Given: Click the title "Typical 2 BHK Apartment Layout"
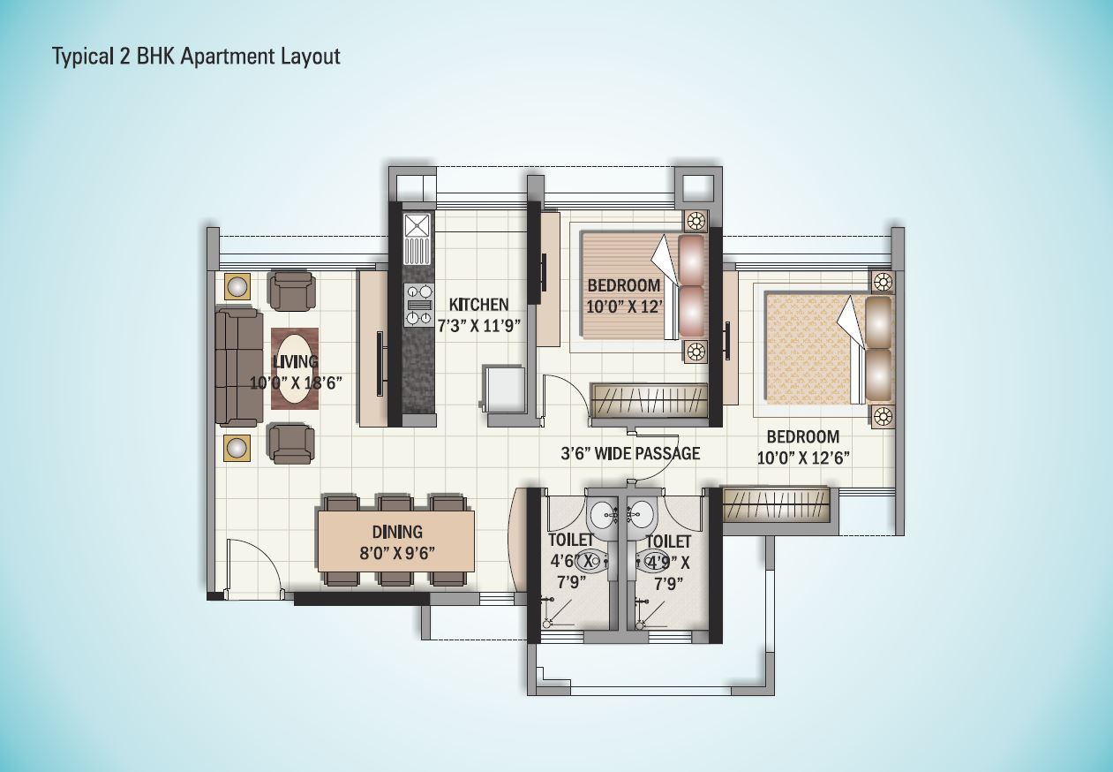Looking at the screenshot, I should pyautogui.click(x=196, y=57).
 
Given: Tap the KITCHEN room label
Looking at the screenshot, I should pyautogui.click(x=478, y=305).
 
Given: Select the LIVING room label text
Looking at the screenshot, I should pyautogui.click(x=295, y=362).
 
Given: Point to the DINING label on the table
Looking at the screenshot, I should pyautogui.click(x=396, y=533).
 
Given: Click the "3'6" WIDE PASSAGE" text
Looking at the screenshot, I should pyautogui.click(x=630, y=454).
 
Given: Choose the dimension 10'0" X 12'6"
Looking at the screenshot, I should pyautogui.click(x=802, y=458).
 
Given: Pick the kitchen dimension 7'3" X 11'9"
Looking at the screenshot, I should pyautogui.click(x=478, y=324).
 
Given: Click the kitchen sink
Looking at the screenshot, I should pyautogui.click(x=417, y=238).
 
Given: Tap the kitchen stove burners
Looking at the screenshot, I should pyautogui.click(x=419, y=306).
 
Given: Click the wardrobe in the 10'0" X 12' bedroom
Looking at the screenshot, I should pyautogui.click(x=650, y=401).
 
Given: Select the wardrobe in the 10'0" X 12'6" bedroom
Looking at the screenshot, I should pyautogui.click(x=777, y=506).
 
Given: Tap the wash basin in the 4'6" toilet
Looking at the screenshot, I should pyautogui.click(x=605, y=511).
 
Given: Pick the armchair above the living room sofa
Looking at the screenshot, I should pyautogui.click(x=291, y=291).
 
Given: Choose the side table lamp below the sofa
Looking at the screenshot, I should pyautogui.click(x=237, y=447).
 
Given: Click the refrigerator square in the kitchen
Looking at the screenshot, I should pyautogui.click(x=503, y=388).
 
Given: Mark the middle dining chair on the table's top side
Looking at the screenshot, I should pyautogui.click(x=395, y=503).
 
